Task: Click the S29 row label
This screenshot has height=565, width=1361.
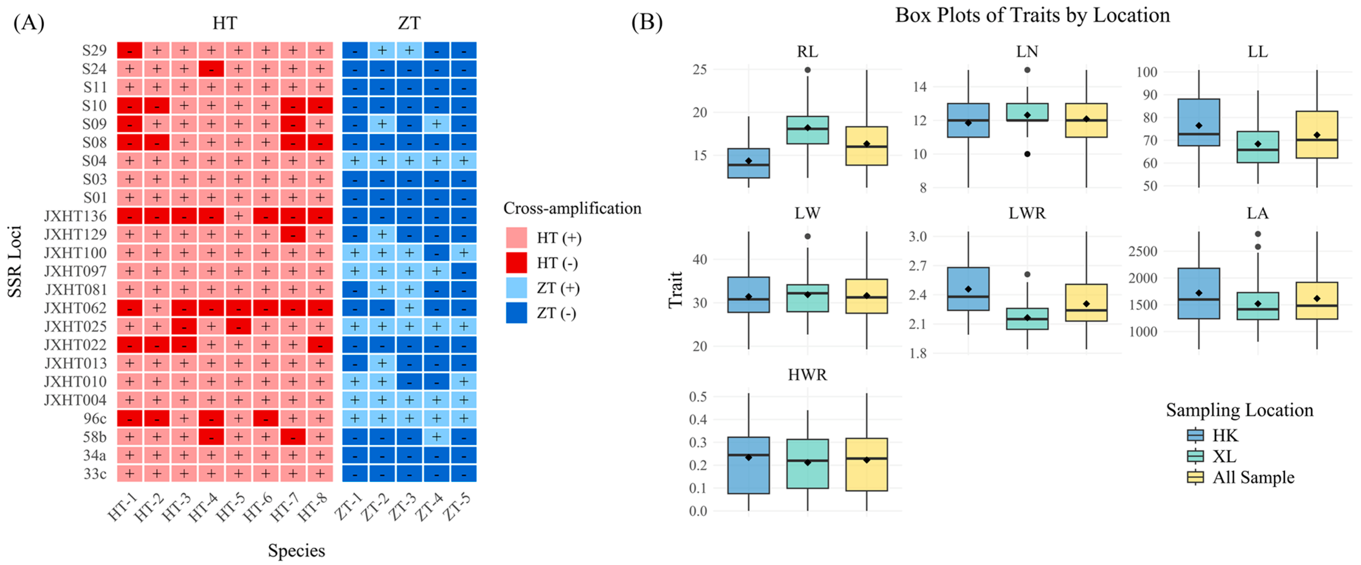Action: tap(94, 50)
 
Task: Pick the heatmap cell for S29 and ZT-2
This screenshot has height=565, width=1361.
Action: tap(382, 50)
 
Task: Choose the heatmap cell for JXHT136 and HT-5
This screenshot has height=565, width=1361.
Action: tap(239, 216)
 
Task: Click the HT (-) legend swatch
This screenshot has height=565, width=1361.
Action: tap(516, 263)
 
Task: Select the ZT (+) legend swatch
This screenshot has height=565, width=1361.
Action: tap(516, 288)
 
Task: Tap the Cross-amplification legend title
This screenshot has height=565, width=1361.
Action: tap(572, 208)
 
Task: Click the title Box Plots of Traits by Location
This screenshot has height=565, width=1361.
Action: tap(1032, 16)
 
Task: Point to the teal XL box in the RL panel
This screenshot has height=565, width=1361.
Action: tap(807, 130)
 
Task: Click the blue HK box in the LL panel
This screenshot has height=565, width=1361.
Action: tap(1199, 122)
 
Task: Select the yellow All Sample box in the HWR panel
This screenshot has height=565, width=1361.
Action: tap(866, 464)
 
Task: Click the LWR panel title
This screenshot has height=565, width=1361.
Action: tap(1027, 213)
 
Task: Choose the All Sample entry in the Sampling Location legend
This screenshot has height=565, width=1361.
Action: tap(1253, 477)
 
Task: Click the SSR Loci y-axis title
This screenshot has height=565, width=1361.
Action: tap(15, 261)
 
